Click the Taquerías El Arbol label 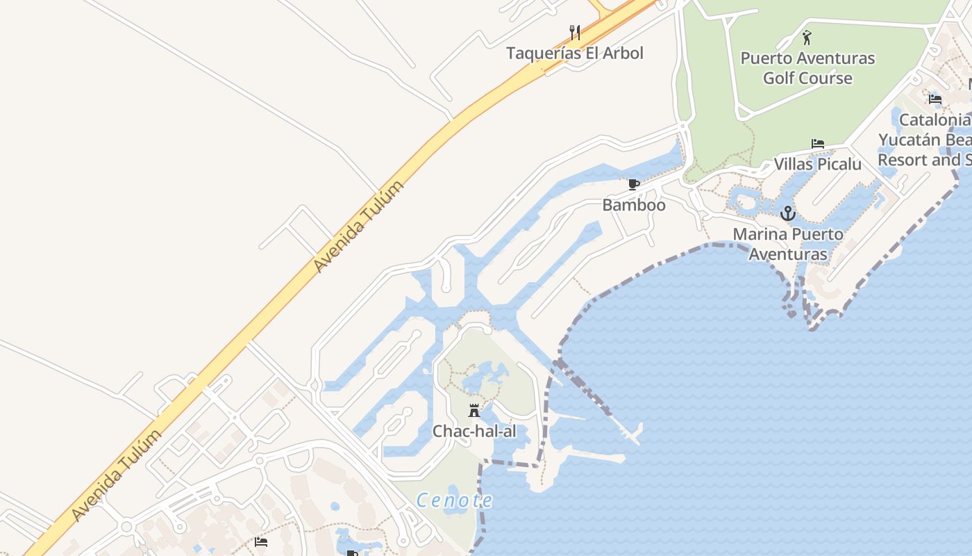pyautogui.click(x=574, y=53)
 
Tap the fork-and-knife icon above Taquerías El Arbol pyautogui.click(x=574, y=32)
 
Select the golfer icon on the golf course pyautogui.click(x=806, y=38)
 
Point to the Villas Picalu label pyautogui.click(x=817, y=164)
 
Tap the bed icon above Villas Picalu pyautogui.click(x=818, y=145)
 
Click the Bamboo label pyautogui.click(x=633, y=205)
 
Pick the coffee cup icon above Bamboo pyautogui.click(x=633, y=185)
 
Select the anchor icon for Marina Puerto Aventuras pyautogui.click(x=787, y=213)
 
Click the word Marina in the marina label pyautogui.click(x=760, y=234)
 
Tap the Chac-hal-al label pyautogui.click(x=474, y=431)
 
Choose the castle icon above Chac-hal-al pyautogui.click(x=474, y=411)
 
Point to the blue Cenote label pyautogui.click(x=455, y=500)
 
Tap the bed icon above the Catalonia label pyautogui.click(x=935, y=99)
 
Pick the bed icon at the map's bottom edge pyautogui.click(x=261, y=541)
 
